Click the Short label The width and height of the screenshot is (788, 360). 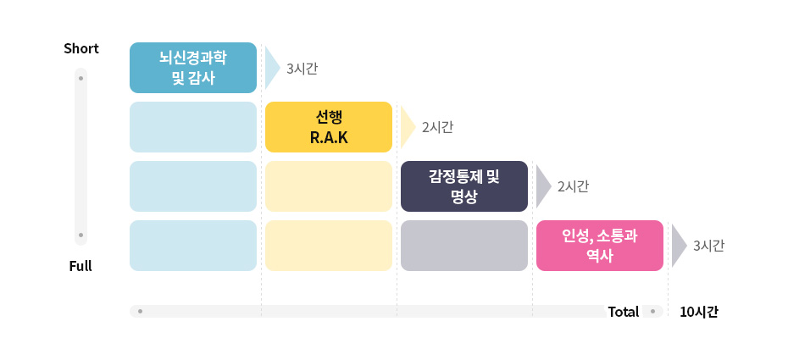coord(81,48)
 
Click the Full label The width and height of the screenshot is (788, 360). coord(80,266)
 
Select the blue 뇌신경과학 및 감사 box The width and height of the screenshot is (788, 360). coord(193,68)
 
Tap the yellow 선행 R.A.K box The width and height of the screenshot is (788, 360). coord(329,127)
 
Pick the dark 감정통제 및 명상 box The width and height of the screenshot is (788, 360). coord(464,186)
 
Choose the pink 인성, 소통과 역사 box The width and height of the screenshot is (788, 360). coord(600,246)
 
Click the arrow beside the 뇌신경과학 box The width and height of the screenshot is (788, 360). coord(272,68)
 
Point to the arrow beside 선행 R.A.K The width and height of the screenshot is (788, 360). coord(408,127)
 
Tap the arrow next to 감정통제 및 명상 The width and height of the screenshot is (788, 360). coord(543,186)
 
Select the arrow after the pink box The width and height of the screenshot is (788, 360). coord(679,246)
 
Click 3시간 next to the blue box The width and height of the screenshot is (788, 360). coord(302,69)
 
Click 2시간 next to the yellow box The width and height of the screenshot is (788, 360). coord(437,128)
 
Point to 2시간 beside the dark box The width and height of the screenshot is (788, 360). coord(573,187)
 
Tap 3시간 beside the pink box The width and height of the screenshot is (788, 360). coord(708,246)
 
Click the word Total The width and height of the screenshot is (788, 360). coord(624,312)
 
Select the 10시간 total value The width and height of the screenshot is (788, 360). coord(699,312)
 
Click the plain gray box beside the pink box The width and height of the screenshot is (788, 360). coord(464,246)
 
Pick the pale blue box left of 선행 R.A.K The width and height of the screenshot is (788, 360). coord(193,127)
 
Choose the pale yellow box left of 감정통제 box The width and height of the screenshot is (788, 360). coord(329,186)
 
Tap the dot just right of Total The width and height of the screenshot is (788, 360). coord(652,312)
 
